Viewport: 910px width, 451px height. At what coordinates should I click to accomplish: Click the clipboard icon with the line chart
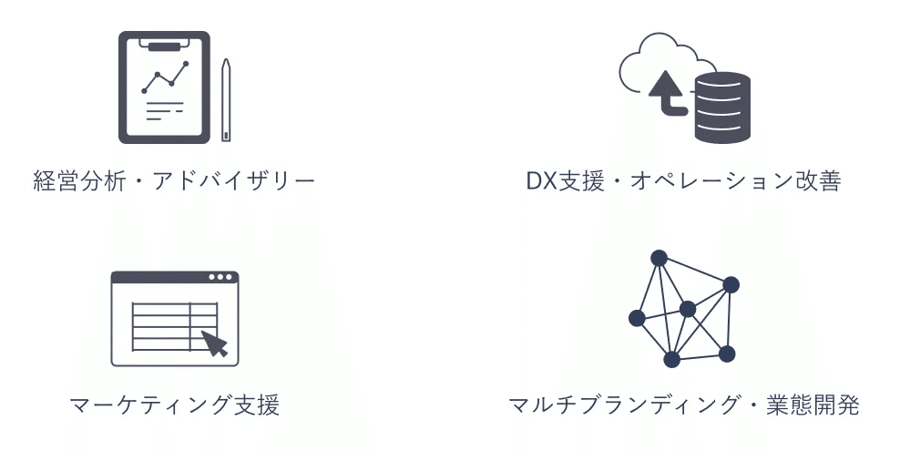click(164, 88)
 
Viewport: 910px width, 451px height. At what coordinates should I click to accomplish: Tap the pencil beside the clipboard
click(226, 100)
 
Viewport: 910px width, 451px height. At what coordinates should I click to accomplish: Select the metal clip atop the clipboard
click(164, 43)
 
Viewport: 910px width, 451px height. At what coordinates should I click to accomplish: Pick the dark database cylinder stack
click(721, 108)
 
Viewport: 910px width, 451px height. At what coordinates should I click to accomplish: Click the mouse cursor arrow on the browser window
click(214, 343)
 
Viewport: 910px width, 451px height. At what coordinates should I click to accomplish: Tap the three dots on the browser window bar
click(220, 277)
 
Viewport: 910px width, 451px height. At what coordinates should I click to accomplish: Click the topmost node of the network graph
click(659, 258)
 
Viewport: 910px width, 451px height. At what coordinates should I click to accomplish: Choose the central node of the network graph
click(688, 310)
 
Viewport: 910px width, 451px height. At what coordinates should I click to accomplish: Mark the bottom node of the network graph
click(671, 359)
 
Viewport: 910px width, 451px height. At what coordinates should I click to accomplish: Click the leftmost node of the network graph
click(637, 318)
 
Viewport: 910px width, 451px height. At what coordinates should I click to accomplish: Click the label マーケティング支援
click(174, 405)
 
